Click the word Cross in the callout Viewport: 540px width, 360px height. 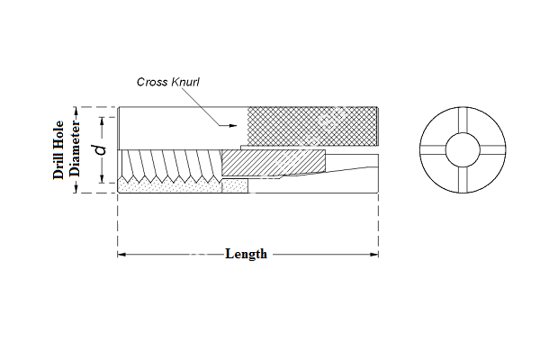152,82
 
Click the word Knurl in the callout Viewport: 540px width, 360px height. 183,82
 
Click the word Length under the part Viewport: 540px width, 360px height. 246,254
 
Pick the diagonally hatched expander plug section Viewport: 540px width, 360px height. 270,162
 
